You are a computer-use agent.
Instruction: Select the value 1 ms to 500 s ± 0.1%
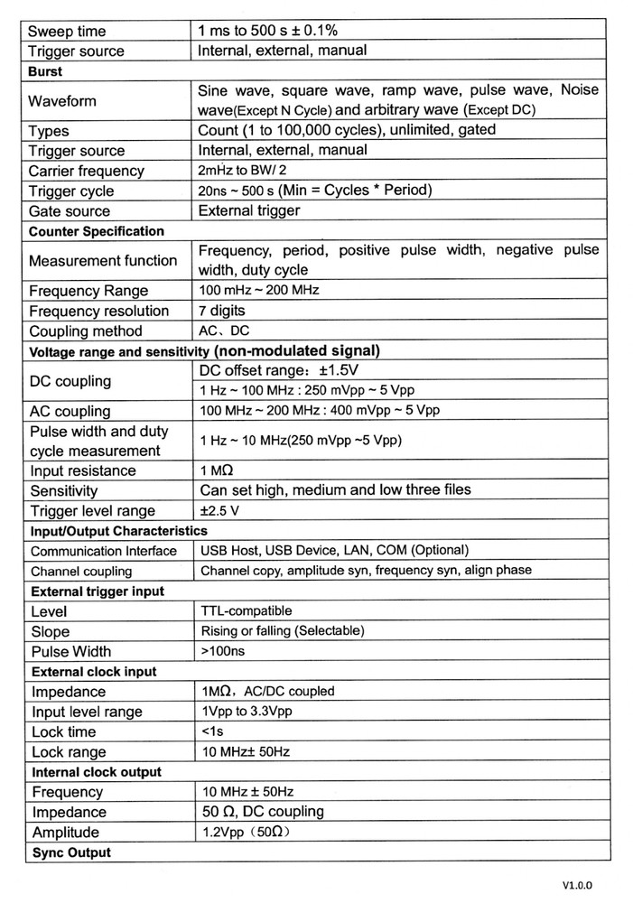tap(287, 31)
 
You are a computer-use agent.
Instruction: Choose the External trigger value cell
tap(248, 210)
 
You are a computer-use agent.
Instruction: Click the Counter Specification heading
tap(97, 231)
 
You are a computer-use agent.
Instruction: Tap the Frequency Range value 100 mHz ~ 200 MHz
tap(258, 291)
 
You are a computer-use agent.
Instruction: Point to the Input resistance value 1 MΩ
tap(218, 470)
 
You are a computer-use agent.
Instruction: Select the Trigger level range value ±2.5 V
tap(222, 510)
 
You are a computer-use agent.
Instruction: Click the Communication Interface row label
tap(103, 551)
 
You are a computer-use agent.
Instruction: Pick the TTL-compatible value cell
tap(246, 611)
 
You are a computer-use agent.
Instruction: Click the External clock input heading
tap(94, 672)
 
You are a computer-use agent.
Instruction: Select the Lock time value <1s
tap(214, 731)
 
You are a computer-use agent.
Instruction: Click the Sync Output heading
tap(71, 852)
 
